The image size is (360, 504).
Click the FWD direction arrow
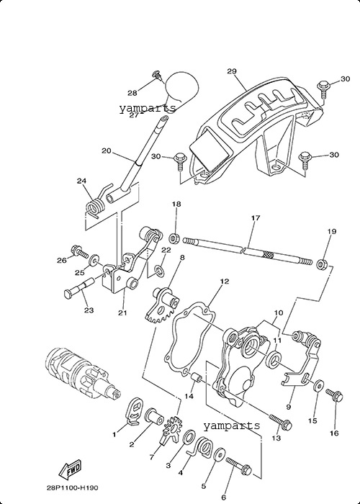(70, 471)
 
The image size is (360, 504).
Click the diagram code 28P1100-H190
(72, 488)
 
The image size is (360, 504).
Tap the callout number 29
(232, 71)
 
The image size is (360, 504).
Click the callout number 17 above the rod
(256, 218)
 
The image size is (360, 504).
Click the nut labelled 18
(174, 238)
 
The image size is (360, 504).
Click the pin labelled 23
(78, 289)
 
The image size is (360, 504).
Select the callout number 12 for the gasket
(225, 282)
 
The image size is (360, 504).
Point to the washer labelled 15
(319, 384)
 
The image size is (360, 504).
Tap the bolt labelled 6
(240, 466)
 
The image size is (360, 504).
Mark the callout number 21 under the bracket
(122, 312)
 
